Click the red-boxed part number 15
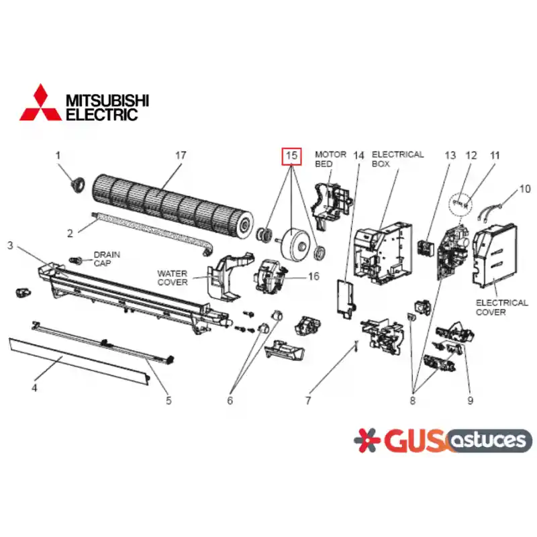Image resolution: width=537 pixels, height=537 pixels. tap(291, 156)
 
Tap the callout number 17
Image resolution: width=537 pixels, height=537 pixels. tap(181, 156)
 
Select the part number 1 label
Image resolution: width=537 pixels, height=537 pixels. tap(58, 156)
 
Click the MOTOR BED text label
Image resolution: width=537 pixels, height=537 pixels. tap(330, 159)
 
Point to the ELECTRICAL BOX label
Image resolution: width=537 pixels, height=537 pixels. tap(397, 159)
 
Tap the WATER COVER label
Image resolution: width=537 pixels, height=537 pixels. tap(173, 278)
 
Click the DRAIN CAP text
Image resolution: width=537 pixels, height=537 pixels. tap(107, 259)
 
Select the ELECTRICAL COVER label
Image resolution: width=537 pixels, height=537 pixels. tap(501, 307)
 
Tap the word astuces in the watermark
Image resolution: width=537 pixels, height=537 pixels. tap(489, 440)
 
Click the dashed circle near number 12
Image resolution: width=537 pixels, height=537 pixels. tap(460, 205)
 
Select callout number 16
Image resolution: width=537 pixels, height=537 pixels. tap(313, 276)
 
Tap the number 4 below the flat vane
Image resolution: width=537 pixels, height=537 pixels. tap(34, 388)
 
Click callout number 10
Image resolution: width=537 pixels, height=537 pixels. tap(525, 189)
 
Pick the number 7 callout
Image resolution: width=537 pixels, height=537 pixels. tap(308, 400)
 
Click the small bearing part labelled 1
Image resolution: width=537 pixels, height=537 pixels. tap(77, 185)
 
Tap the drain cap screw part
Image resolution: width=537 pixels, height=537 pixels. tap(75, 260)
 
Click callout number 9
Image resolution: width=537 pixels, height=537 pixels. tap(471, 400)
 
